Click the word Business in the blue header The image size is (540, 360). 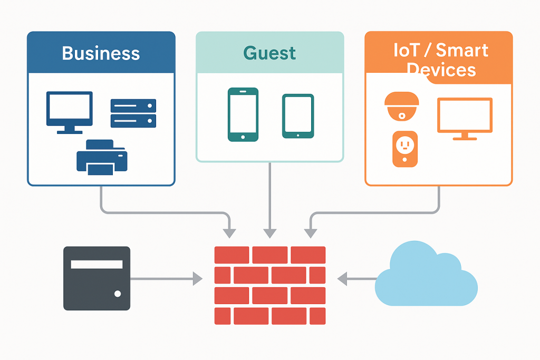101,53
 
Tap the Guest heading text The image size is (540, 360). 269,53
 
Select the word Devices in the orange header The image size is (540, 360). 441,70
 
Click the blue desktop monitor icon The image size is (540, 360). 69,111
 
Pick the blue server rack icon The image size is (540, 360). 133,113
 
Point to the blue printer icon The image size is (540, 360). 102,157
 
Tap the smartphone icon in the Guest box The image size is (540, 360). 243,114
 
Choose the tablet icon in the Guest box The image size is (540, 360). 298,116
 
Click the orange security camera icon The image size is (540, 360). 402,106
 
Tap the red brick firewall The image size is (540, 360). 270,285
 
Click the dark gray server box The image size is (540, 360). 97,278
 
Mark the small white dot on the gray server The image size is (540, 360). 118,294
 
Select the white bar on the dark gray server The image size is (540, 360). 97,265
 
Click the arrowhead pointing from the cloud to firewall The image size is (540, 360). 342,278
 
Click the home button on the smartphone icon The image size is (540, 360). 243,137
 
